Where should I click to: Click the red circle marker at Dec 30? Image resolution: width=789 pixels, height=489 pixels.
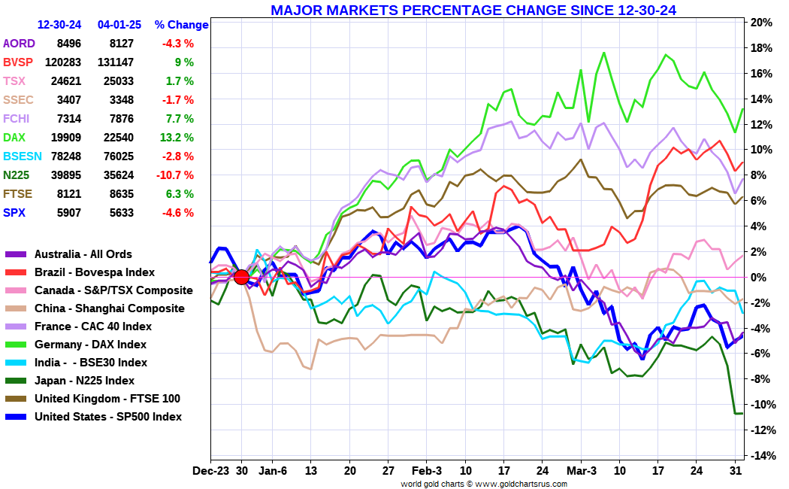coord(241,277)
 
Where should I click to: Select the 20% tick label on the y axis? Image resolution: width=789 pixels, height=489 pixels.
coord(761,23)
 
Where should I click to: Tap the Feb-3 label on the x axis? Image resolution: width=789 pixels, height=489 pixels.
coord(427,470)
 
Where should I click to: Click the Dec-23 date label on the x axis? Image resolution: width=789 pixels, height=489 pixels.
coord(211,470)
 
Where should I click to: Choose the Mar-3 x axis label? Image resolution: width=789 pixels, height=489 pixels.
coord(580,470)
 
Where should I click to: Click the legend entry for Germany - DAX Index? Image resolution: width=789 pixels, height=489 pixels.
coord(90,345)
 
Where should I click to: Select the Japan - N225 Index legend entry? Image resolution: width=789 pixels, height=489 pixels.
coord(84,381)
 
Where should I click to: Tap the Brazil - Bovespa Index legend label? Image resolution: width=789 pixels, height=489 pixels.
coord(95,272)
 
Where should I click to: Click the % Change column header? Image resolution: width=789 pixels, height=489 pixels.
coord(181,25)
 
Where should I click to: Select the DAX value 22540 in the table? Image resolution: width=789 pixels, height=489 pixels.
coord(116,138)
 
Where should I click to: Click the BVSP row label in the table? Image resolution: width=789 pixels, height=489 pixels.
coord(18,62)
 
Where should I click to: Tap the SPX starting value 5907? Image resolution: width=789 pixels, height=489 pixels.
coord(68,213)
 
